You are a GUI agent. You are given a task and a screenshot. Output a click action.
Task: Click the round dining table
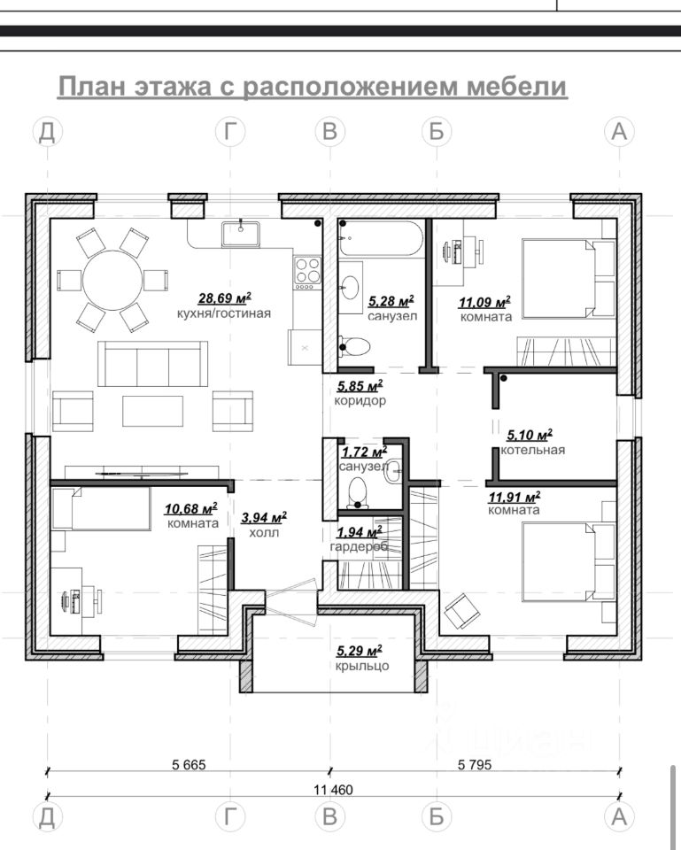pyautogui.click(x=112, y=281)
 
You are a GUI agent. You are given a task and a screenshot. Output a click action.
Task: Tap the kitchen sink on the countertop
pyautogui.click(x=240, y=234)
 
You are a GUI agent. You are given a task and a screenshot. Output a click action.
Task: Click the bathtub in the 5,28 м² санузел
pyautogui.click(x=381, y=238)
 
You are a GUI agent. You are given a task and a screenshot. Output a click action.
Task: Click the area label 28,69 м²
pyautogui.click(x=224, y=297)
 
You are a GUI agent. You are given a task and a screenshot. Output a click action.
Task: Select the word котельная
pyautogui.click(x=532, y=450)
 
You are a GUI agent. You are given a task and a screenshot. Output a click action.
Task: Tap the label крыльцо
pyautogui.click(x=362, y=665)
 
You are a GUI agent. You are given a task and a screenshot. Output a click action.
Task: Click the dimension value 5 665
pyautogui.click(x=189, y=764)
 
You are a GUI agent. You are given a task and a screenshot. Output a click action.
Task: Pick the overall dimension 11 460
pyautogui.click(x=333, y=789)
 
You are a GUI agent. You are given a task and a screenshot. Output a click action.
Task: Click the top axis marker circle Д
pyautogui.click(x=47, y=131)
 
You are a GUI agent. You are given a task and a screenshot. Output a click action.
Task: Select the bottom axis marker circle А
pyautogui.click(x=619, y=816)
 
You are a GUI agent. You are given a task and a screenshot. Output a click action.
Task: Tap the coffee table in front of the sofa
pyautogui.click(x=152, y=411)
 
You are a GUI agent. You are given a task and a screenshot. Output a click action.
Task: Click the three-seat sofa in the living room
pyautogui.click(x=153, y=363)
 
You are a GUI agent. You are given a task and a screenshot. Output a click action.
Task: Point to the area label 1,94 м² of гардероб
pyautogui.click(x=359, y=532)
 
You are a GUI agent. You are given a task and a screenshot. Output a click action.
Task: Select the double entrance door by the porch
pyautogui.click(x=291, y=602)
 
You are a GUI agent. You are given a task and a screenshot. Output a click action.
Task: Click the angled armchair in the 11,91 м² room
pyautogui.click(x=462, y=611)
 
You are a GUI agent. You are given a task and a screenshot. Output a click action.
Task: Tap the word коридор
pyautogui.click(x=360, y=400)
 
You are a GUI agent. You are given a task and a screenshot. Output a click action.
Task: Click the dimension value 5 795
pyautogui.click(x=475, y=764)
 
